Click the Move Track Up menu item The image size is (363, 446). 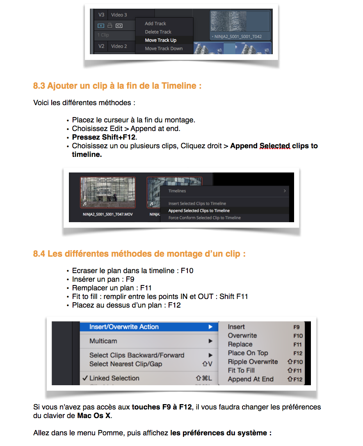click(x=161, y=40)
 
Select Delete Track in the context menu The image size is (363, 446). click(x=158, y=32)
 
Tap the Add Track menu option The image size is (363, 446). click(x=155, y=24)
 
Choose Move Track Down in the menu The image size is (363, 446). click(x=164, y=48)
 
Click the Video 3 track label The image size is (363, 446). click(x=119, y=15)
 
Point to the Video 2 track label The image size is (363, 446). click(x=119, y=46)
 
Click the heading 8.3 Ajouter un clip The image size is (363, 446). click(x=117, y=86)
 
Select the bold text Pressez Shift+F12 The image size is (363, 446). click(x=104, y=137)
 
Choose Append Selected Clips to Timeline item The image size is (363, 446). click(x=199, y=211)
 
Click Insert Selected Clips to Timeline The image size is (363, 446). click(x=197, y=204)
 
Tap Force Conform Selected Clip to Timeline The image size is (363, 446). click(x=204, y=218)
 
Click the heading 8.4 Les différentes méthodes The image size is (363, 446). click(x=139, y=254)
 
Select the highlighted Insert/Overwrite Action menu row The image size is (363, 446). click(x=124, y=327)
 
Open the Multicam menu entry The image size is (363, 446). click(x=103, y=341)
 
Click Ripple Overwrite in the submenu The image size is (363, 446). click(x=253, y=362)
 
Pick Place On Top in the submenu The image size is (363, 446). click(x=248, y=353)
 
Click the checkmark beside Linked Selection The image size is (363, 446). click(x=84, y=378)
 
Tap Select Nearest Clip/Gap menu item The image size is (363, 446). click(x=126, y=364)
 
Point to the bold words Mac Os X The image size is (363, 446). click(x=94, y=416)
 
